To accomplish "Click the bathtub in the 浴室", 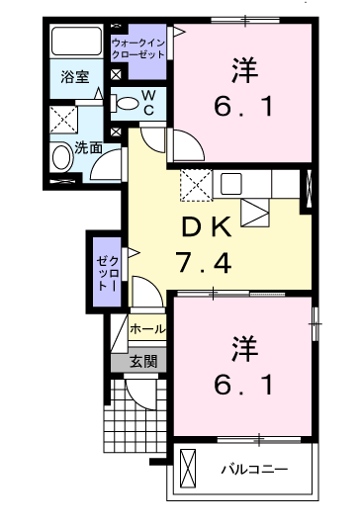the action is tap(76, 41).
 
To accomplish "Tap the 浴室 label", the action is tap(75, 77).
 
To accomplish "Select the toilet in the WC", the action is tap(124, 103).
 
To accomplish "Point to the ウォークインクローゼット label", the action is tap(138, 49).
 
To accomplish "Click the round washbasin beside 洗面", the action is tap(62, 157).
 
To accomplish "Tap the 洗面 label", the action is tap(88, 147).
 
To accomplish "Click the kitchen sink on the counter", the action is tap(230, 184).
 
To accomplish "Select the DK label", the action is tap(206, 227).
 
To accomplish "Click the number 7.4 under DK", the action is tap(204, 263).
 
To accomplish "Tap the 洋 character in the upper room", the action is tap(244, 70).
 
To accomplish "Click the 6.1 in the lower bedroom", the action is tap(243, 385).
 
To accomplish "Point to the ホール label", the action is tap(147, 328).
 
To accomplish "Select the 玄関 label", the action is tap(143, 361).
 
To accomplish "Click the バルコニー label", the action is tap(254, 469).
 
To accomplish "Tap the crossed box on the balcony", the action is tap(188, 469).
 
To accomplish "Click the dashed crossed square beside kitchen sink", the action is tap(196, 185).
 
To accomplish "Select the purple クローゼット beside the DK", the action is tap(107, 272).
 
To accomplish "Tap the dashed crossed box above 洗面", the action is tap(64, 120).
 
